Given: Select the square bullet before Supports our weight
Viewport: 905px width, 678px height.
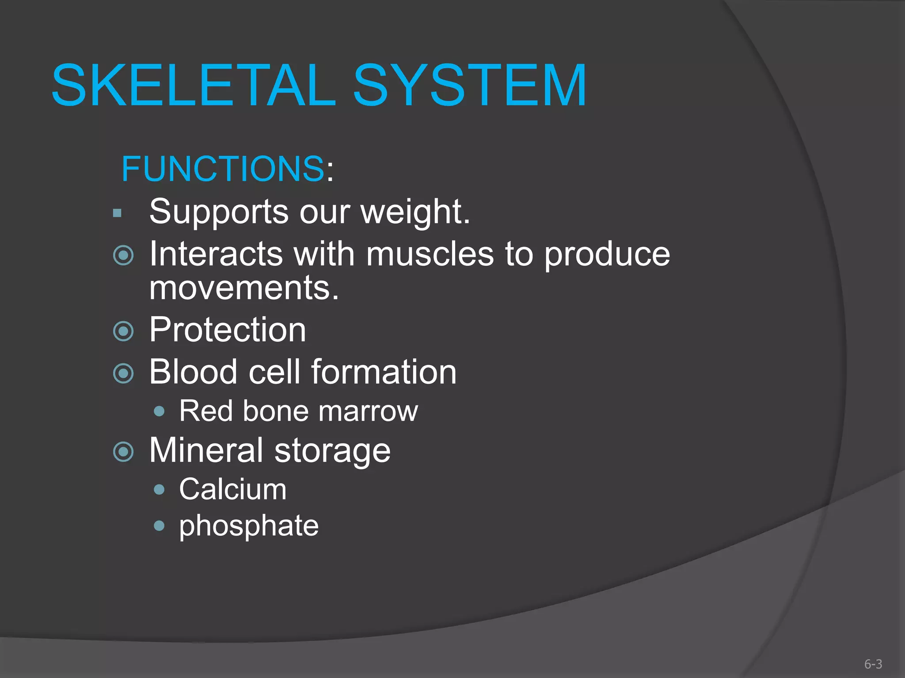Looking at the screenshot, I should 117,214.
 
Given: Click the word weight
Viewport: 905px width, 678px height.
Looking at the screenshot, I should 415,212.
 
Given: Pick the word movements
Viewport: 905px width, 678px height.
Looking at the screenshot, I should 244,288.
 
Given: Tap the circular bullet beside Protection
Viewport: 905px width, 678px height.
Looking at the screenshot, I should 123,331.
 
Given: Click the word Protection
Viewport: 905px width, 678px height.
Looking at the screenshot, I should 227,330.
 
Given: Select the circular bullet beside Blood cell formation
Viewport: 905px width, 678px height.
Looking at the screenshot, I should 123,373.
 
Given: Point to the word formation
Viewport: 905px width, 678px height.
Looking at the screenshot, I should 384,372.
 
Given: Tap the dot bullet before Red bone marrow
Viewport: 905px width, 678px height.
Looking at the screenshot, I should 160,412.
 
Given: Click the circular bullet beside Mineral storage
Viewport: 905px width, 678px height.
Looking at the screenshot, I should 123,452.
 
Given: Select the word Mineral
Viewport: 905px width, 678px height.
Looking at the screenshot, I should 206,450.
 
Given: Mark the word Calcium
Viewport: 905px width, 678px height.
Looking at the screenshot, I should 233,489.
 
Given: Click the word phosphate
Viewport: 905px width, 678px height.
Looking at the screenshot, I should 249,526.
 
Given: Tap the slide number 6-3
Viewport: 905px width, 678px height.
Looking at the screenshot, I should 873,664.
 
